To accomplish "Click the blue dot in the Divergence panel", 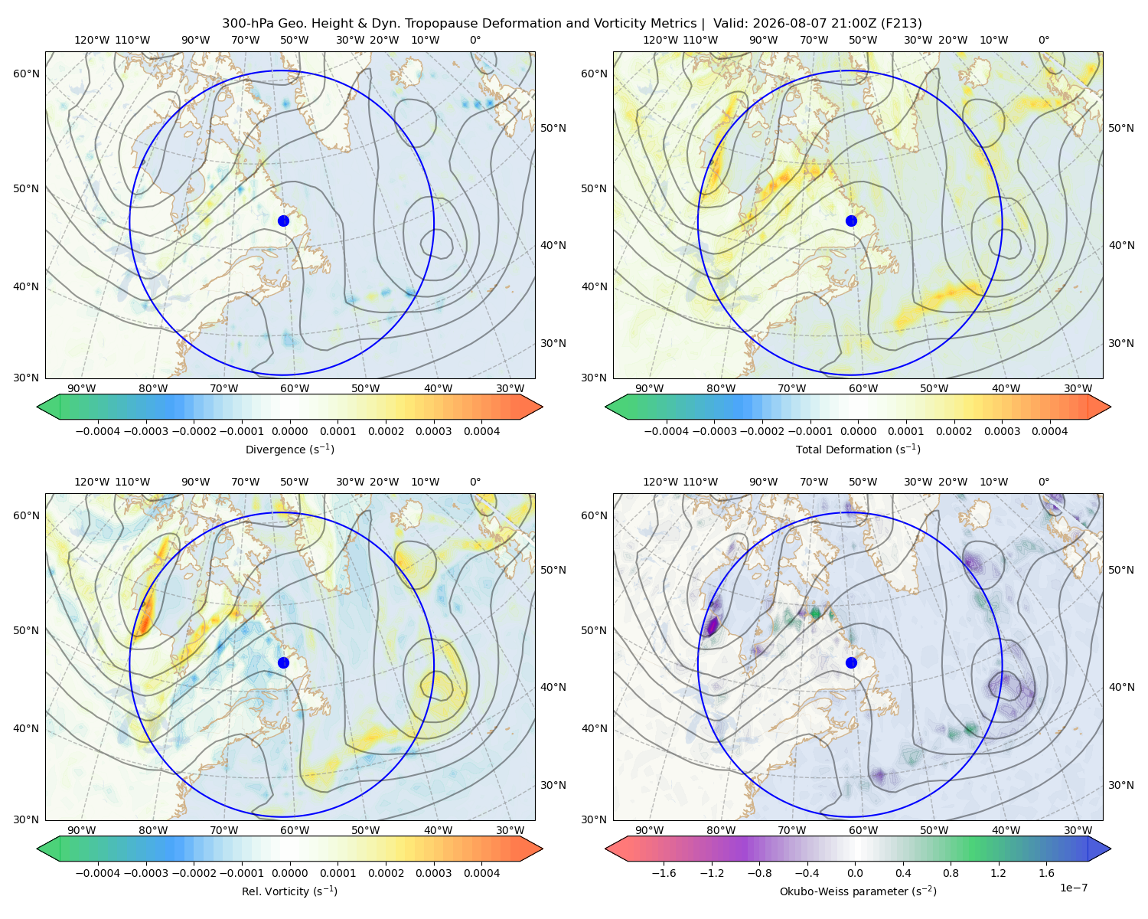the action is pos(283,221).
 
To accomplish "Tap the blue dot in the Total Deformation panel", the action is pos(851,221).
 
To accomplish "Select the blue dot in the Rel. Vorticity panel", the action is pos(283,662).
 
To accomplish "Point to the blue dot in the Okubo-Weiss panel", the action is pos(851,662).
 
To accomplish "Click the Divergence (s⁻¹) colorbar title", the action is pos(289,450).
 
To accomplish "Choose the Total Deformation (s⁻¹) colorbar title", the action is pos(858,450).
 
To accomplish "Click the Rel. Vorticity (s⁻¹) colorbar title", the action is pos(289,891).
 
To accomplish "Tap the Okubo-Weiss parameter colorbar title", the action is pos(858,891).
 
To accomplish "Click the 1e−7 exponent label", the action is pos(1073,888).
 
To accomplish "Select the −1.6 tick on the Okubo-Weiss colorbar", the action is pos(664,873).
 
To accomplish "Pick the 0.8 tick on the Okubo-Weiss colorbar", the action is pos(951,873).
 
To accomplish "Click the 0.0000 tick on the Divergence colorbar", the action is pos(289,431).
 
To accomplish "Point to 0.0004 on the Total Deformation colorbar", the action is pos(1049,431).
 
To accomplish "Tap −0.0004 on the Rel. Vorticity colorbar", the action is pos(98,873).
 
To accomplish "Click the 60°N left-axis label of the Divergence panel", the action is pos(26,74).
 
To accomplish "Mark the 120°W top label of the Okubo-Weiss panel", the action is pos(660,482).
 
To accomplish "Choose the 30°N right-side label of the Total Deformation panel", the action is pos(1121,343).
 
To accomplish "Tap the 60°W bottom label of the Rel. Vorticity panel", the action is pos(295,830).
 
